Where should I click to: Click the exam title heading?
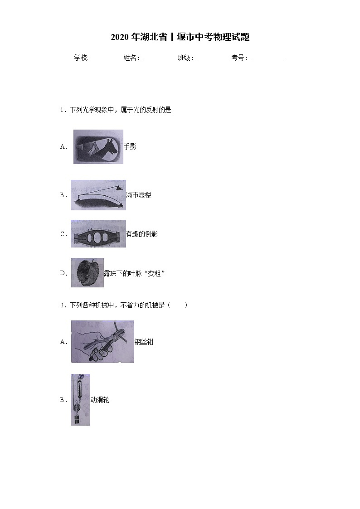pyautogui.click(x=180, y=37)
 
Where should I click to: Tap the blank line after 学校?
pyautogui.click(x=106, y=58)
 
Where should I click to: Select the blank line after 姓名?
pyautogui.click(x=160, y=58)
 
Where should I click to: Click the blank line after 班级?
pyautogui.click(x=214, y=58)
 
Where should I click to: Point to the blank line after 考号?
pyautogui.click(x=268, y=58)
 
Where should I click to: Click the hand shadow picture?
pyautogui.click(x=98, y=147)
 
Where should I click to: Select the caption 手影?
pyautogui.click(x=130, y=147)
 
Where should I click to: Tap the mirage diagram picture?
pyautogui.click(x=98, y=195)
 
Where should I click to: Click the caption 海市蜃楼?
pyautogui.click(x=139, y=195)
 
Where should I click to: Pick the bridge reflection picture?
pyautogui.click(x=98, y=234)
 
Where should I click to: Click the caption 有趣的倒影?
pyautogui.click(x=142, y=234)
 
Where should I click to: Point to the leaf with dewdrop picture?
pyautogui.click(x=87, y=273)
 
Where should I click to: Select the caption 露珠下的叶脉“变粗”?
pyautogui.click(x=134, y=273)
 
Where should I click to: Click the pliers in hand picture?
pyautogui.click(x=102, y=342)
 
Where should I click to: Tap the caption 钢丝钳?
pyautogui.click(x=144, y=342)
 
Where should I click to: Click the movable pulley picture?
pyautogui.click(x=80, y=400)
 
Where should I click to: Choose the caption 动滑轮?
pyautogui.click(x=100, y=400)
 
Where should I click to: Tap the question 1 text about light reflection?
pyautogui.click(x=120, y=110)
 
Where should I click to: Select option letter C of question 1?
pyautogui.click(x=63, y=234)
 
